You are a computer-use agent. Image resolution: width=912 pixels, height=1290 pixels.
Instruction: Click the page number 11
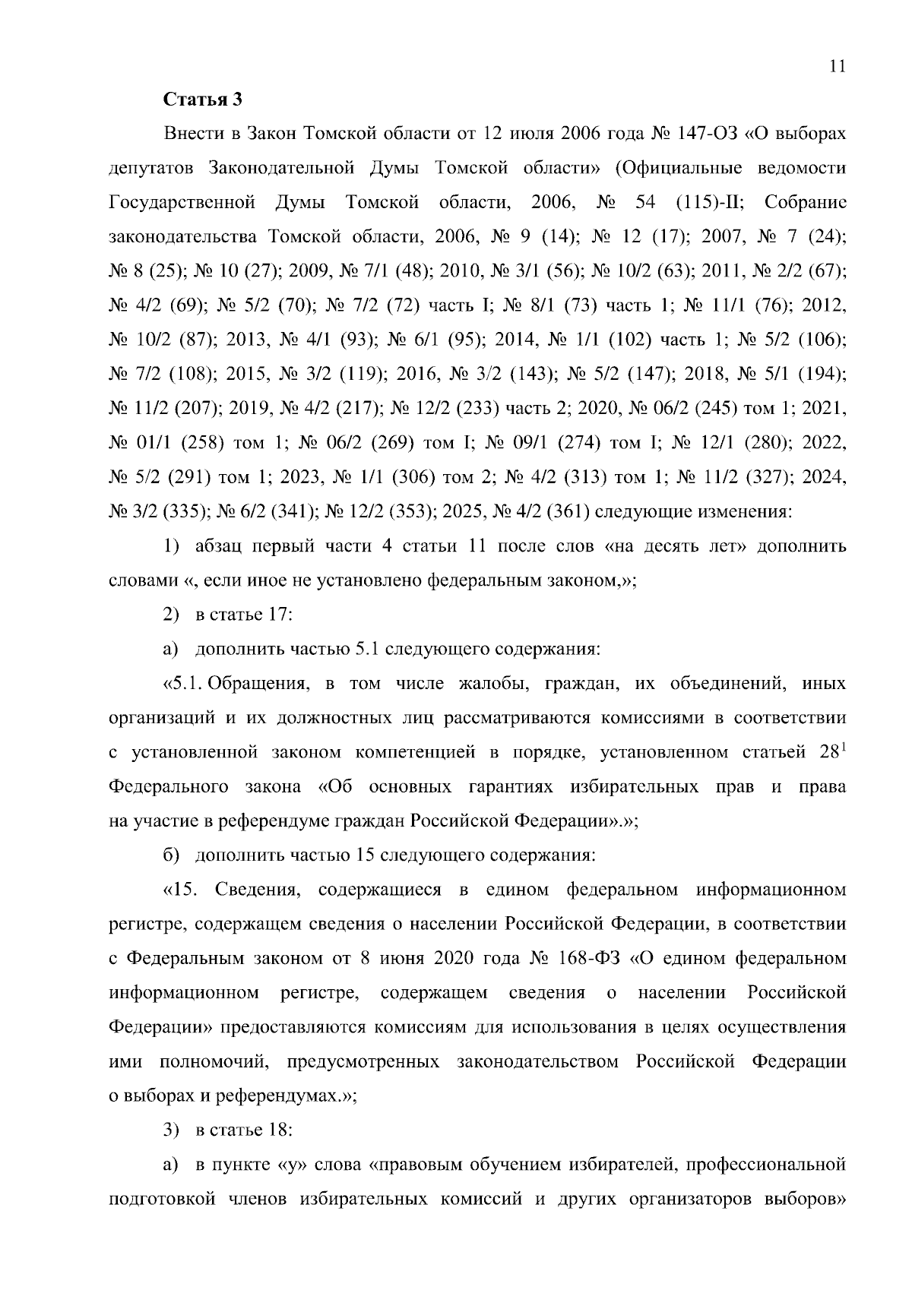click(837, 66)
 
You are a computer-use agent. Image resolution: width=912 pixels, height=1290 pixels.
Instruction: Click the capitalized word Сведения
click(258, 889)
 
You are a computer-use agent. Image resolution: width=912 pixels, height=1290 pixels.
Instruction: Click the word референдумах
click(275, 1096)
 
